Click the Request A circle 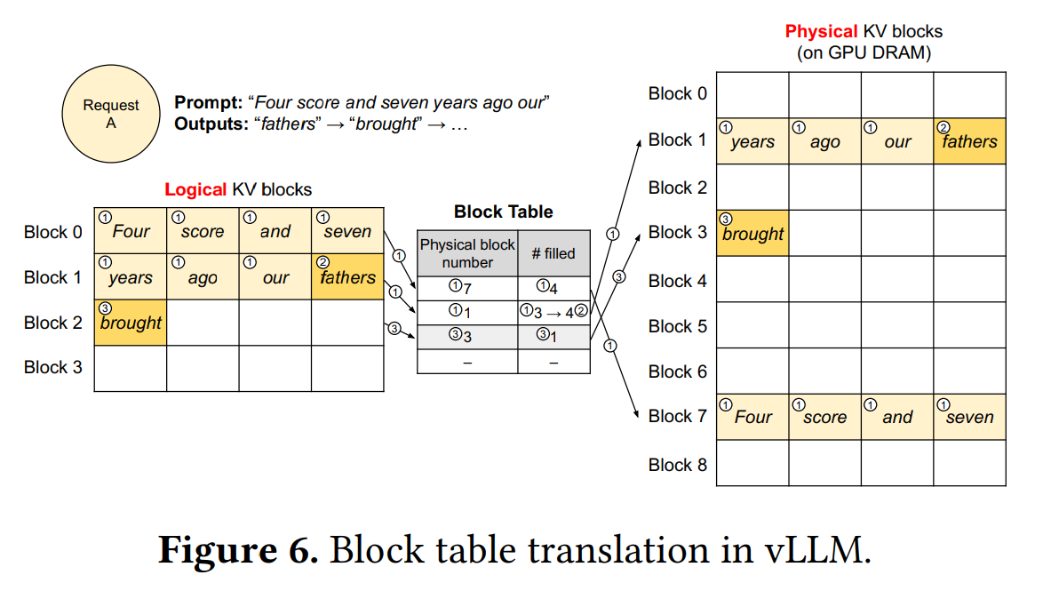coord(111,114)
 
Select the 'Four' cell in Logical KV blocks coord(131,231)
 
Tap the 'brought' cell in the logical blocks coord(131,322)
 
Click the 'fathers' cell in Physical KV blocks coord(969,141)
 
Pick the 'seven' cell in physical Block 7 coord(969,417)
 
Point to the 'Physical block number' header coord(467,253)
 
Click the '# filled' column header coord(553,253)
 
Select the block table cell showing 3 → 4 coord(553,312)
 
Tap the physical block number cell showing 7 coord(467,288)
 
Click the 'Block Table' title coord(504,212)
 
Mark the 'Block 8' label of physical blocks coord(677,465)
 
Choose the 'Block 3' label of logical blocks coord(52,367)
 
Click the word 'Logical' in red coord(195,189)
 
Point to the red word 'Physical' coord(822,31)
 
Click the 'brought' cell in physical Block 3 coord(752,233)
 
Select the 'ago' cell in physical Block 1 coord(824,141)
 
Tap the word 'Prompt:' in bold coord(208,102)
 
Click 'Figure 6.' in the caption coord(238,550)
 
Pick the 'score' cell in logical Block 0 coord(203,231)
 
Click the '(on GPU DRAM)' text coord(864,52)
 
